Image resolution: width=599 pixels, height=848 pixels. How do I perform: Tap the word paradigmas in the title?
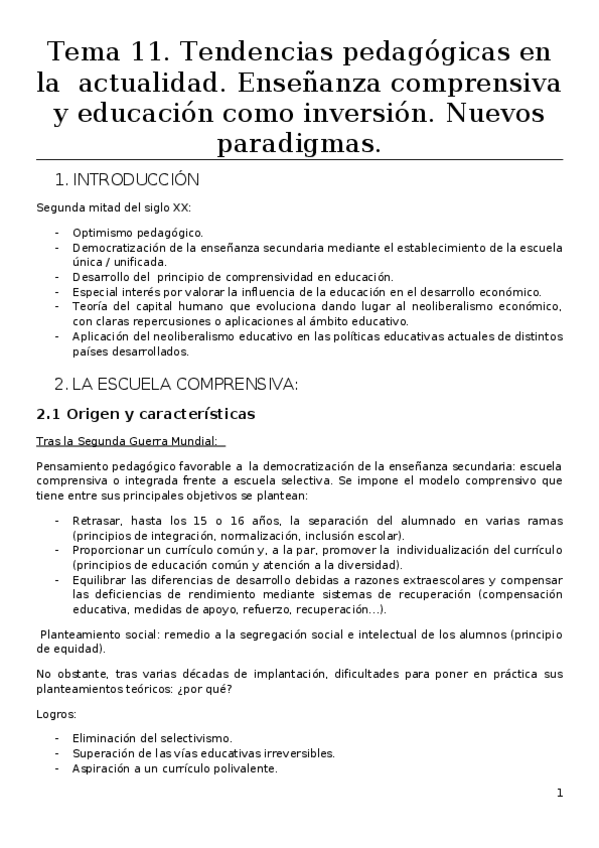point(299,144)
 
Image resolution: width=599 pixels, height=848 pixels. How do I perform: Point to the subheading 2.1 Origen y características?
point(146,413)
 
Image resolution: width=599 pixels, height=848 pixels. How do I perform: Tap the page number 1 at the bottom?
point(560,794)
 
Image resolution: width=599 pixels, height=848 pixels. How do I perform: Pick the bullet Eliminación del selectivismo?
point(151,738)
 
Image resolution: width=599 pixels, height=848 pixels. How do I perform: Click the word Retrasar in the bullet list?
point(97,521)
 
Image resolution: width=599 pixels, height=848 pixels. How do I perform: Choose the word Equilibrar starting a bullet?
point(101,580)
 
